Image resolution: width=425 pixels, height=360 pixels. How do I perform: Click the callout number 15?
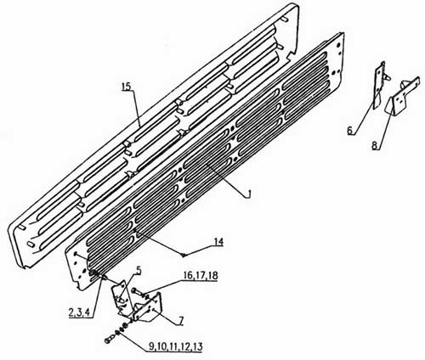[x=127, y=87]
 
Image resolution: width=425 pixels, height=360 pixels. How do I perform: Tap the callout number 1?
[x=248, y=194]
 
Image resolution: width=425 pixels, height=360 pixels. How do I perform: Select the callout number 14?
[x=218, y=243]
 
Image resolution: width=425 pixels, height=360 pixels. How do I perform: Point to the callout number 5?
[x=139, y=271]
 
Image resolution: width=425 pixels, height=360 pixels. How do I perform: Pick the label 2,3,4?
[x=79, y=312]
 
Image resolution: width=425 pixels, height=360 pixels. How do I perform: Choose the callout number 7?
[x=180, y=321]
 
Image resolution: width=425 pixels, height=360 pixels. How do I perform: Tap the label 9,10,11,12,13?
[x=176, y=346]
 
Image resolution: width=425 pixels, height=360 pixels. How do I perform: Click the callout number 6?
[x=350, y=131]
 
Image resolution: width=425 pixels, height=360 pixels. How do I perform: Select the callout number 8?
[x=375, y=146]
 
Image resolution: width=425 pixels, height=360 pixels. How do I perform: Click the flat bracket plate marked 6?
[x=380, y=85]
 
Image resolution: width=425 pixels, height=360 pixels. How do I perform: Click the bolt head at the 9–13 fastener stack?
[x=109, y=340]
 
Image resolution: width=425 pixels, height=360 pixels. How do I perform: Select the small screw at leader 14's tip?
[x=184, y=255]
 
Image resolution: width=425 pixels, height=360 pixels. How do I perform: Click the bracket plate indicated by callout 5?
[x=120, y=299]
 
